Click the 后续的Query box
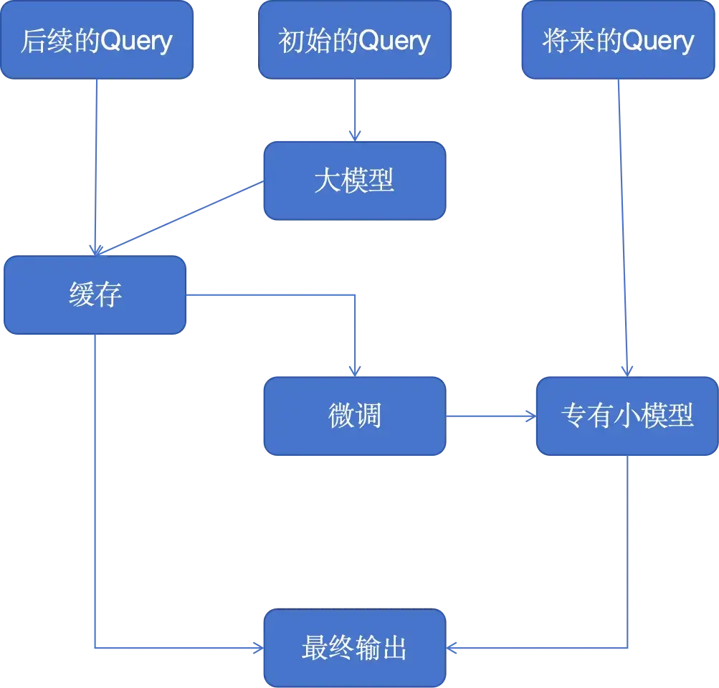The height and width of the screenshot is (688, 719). [97, 40]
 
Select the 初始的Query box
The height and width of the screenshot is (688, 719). [354, 40]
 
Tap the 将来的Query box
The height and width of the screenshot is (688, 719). [619, 40]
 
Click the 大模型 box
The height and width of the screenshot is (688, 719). [354, 181]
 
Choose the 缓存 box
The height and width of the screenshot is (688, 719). [95, 295]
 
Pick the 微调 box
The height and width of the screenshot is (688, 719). [354, 416]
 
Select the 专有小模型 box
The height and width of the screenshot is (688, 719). [627, 416]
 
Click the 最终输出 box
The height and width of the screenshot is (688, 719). [354, 648]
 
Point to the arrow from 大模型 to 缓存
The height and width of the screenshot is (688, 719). [179, 216]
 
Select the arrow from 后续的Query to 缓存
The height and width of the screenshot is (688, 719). [95, 165]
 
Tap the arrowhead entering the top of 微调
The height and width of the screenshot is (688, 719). [353, 370]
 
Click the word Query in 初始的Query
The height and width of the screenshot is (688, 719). [394, 40]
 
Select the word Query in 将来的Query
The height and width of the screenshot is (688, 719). [658, 40]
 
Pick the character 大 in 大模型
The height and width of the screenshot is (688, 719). [327, 181]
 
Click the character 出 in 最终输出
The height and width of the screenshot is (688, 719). [394, 648]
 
